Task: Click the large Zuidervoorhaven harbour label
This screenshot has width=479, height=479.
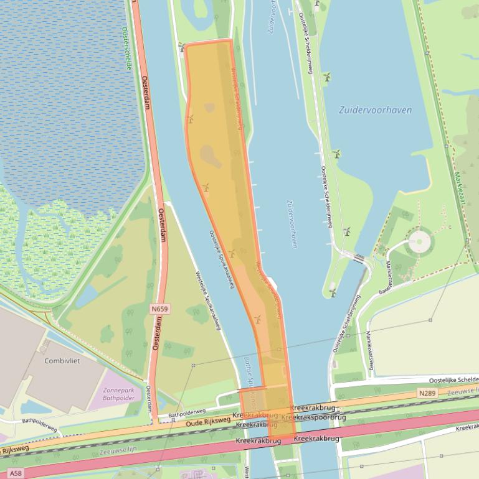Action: point(375,110)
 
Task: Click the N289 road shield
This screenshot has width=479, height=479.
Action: point(427,393)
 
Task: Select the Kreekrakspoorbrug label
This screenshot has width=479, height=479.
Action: point(313,417)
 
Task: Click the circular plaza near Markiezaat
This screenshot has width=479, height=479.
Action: point(420,241)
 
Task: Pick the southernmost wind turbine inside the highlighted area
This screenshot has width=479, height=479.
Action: point(257,319)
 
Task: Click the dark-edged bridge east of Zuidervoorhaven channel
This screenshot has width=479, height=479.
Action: point(359,257)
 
